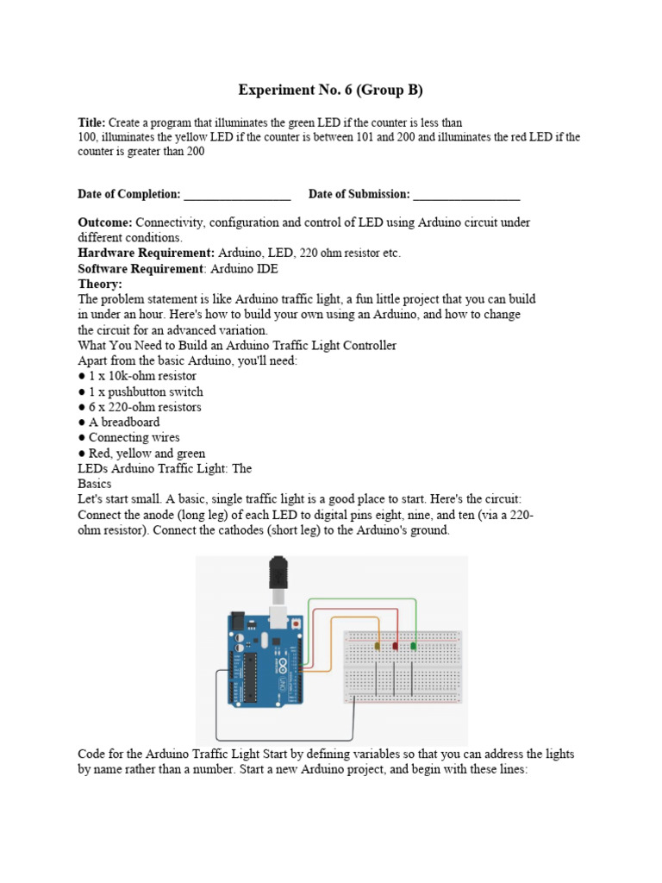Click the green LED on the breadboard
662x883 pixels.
click(414, 646)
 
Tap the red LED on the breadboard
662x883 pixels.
click(396, 646)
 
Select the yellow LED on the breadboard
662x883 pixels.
click(378, 646)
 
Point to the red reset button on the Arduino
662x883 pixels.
click(297, 623)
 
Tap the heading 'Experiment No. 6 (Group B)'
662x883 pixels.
click(330, 90)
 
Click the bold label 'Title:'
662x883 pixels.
click(91, 123)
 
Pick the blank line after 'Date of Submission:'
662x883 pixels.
click(466, 195)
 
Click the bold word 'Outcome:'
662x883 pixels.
click(105, 222)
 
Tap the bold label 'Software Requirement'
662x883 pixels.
click(140, 269)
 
